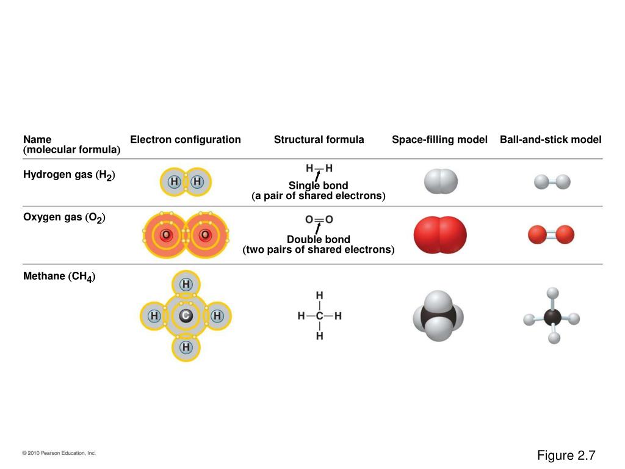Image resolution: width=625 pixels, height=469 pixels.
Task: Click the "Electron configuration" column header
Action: click(x=186, y=140)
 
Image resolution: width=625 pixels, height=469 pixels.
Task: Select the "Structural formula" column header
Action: click(x=319, y=140)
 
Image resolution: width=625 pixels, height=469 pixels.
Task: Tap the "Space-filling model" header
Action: click(x=439, y=140)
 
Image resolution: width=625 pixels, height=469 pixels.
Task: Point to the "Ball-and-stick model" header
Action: click(x=551, y=140)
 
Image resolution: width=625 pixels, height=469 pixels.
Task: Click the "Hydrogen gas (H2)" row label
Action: click(x=69, y=175)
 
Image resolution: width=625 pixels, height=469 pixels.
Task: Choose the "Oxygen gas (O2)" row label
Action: click(x=64, y=217)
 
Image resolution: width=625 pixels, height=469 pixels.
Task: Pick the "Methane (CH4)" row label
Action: click(x=59, y=277)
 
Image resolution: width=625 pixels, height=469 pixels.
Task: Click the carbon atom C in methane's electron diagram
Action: click(x=186, y=316)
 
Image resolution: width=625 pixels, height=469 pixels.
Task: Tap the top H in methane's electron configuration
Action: click(x=186, y=285)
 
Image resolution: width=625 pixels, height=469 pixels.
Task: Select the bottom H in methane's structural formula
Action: click(x=319, y=336)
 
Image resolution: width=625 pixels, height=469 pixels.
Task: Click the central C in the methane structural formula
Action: click(x=319, y=316)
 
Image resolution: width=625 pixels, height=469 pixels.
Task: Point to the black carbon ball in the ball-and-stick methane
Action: click(x=552, y=318)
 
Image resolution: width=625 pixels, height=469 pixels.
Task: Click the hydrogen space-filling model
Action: click(x=441, y=181)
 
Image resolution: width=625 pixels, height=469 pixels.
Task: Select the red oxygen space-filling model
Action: click(x=440, y=235)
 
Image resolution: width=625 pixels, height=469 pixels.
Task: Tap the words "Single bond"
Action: click(x=318, y=186)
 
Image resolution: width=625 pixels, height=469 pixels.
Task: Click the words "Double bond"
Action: click(x=319, y=239)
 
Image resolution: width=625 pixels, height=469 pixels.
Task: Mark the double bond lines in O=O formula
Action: click(x=319, y=220)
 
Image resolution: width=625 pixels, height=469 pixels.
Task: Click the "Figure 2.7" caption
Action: click(x=566, y=455)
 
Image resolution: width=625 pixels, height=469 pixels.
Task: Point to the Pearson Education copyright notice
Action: click(x=59, y=453)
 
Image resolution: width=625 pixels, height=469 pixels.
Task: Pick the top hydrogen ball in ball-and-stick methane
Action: click(x=552, y=293)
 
